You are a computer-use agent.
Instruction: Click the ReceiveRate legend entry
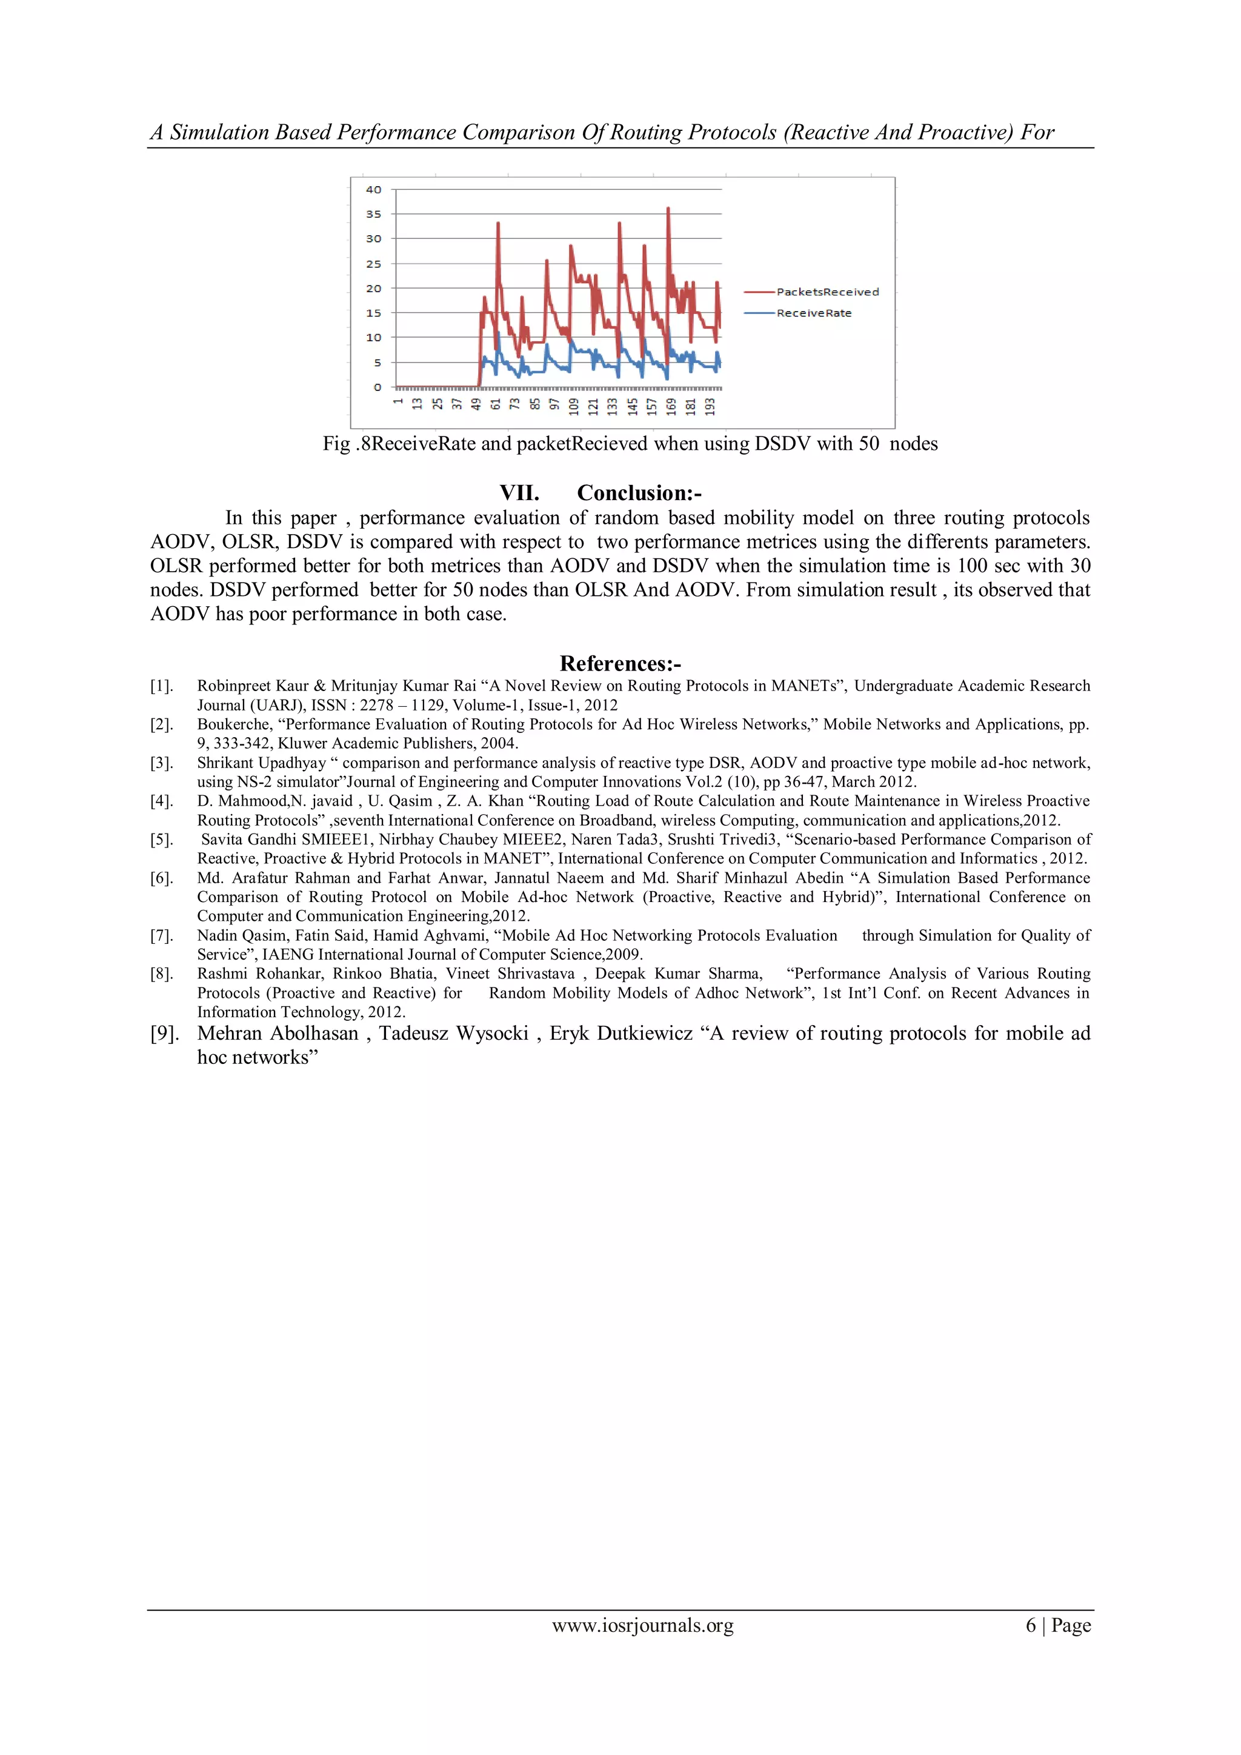[813, 313]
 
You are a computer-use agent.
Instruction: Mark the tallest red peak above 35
[668, 209]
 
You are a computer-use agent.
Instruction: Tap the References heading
[620, 663]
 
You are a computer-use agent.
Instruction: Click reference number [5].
[161, 839]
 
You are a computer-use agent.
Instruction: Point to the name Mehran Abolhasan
[278, 1034]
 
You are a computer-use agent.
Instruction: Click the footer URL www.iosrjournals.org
[643, 1625]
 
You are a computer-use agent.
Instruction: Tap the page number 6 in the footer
[1031, 1625]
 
